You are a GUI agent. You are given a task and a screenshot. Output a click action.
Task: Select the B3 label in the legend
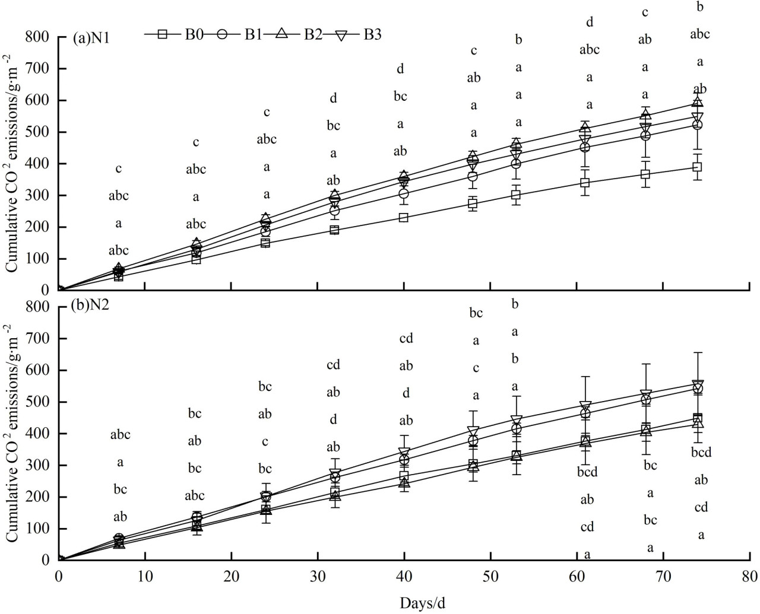(372, 34)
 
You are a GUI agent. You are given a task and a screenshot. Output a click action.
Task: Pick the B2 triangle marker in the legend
(282, 34)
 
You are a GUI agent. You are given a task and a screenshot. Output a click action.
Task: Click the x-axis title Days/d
(422, 603)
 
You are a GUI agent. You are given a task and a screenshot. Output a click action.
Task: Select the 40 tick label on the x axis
(404, 575)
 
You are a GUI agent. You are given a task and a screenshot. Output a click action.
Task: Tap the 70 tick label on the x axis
(663, 575)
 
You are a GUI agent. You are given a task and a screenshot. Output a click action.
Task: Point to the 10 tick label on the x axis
(145, 575)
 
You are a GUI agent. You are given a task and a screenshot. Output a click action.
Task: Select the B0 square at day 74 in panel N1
(697, 167)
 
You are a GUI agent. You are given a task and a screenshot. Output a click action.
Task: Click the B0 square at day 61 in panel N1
(585, 183)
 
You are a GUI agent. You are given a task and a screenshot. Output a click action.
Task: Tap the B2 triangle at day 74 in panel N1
(697, 103)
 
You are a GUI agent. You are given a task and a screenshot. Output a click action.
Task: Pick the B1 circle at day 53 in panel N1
(516, 164)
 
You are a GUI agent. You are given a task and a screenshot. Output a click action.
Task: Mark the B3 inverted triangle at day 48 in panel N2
(473, 431)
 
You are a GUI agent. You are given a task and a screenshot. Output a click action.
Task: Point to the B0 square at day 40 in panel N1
(404, 218)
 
